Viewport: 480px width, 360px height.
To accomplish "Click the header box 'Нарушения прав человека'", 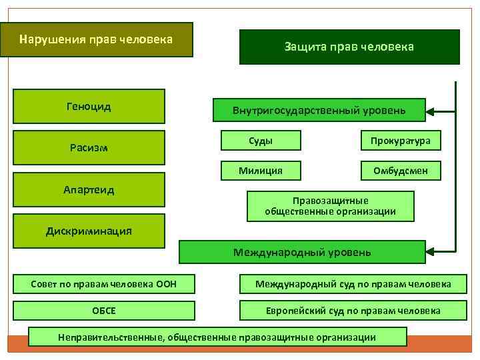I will click(96, 39).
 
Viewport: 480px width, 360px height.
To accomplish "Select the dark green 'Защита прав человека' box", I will click(349, 47).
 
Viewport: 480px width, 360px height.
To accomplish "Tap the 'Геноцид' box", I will click(89, 107).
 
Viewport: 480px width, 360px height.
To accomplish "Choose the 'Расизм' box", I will click(89, 147).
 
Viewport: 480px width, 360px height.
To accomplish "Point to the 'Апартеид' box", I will click(89, 190).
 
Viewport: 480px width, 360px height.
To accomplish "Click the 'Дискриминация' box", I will click(89, 231).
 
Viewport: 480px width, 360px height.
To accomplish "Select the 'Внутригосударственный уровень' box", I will click(319, 110).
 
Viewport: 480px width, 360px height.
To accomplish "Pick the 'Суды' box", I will click(261, 140).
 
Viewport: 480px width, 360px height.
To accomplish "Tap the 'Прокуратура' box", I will click(401, 140).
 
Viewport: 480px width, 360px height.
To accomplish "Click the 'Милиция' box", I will click(261, 171).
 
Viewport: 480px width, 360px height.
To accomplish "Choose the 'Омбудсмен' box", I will click(401, 171).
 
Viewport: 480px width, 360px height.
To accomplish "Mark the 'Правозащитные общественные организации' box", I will click(331, 206).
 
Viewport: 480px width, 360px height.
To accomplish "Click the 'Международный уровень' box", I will click(302, 252).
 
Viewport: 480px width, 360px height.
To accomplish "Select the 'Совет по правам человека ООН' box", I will click(103, 284).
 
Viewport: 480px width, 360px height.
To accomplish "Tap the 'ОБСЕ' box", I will click(103, 311).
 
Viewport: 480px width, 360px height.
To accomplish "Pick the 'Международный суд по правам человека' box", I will click(353, 284).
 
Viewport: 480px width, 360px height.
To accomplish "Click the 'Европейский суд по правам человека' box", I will click(353, 311).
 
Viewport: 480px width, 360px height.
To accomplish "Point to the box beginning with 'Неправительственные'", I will click(217, 337).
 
